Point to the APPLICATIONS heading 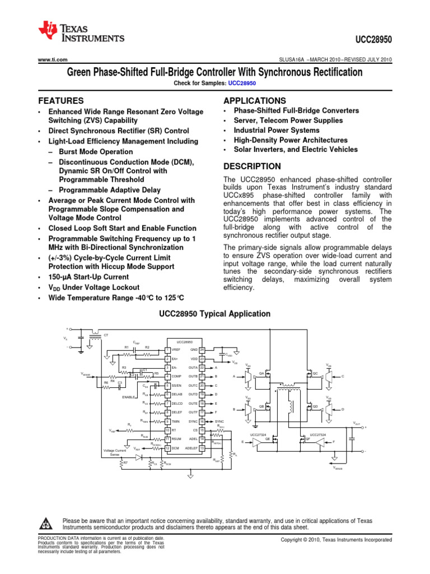(254, 100)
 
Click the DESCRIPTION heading (252, 166)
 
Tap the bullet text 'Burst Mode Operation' (95, 152)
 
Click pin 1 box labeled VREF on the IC (167, 350)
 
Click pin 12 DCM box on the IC (167, 448)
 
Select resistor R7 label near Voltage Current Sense (125, 462)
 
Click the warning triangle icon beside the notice (46, 524)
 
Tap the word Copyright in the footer (295, 539)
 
